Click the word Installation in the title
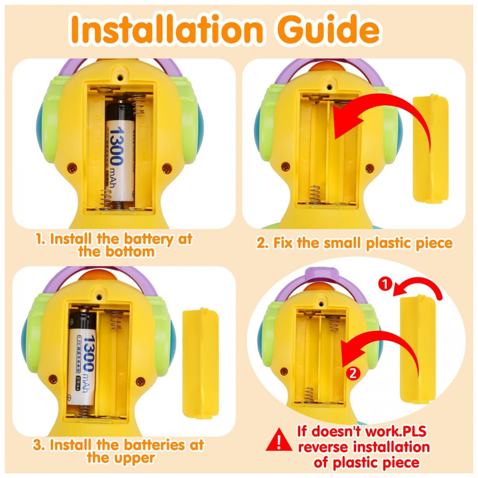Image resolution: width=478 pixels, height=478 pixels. click(166, 29)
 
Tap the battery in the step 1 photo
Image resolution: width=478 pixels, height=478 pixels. click(120, 152)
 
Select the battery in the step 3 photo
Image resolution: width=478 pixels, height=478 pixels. click(82, 358)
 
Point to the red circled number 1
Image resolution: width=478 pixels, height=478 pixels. click(385, 284)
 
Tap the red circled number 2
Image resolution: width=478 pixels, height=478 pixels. click(353, 373)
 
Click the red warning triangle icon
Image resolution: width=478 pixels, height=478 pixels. click(279, 440)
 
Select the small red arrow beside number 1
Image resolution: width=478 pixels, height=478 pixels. click(418, 285)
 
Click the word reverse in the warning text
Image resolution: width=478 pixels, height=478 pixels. click(324, 447)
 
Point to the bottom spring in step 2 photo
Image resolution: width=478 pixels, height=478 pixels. click(315, 194)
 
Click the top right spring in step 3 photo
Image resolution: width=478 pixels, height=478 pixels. click(115, 320)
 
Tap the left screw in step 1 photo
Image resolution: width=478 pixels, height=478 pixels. click(72, 168)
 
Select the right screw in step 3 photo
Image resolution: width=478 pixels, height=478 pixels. click(140, 381)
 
